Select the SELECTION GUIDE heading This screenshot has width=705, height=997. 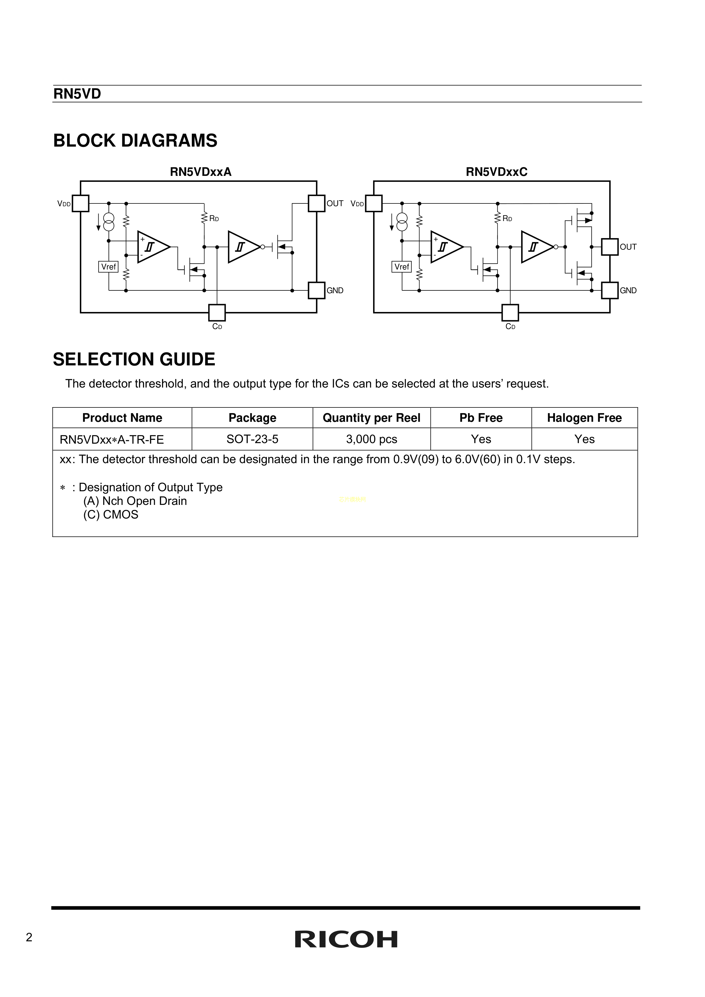134,359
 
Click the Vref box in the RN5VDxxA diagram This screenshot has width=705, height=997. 108,267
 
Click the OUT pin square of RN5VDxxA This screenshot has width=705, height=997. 317,203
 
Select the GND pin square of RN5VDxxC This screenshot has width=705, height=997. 610,290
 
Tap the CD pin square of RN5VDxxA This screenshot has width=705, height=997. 217,313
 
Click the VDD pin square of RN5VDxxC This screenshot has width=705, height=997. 374,203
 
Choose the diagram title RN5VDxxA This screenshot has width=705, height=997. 201,172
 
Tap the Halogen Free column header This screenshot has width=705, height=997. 584,418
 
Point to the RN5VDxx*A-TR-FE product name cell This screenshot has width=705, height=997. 112,440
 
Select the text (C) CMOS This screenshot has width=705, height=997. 111,515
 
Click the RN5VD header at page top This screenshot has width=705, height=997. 77,94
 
